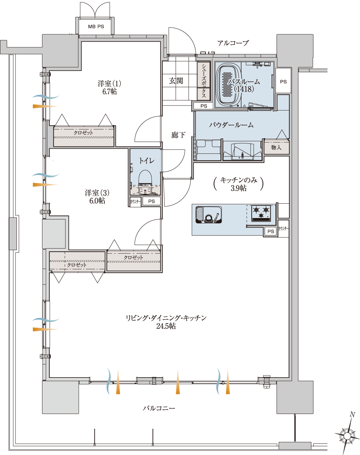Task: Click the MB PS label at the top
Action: click(x=96, y=27)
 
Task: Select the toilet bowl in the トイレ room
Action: click(x=145, y=182)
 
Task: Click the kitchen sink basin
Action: click(x=209, y=215)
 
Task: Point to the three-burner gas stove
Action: click(x=261, y=213)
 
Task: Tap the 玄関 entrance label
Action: click(x=176, y=81)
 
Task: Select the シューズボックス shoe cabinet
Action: click(x=204, y=81)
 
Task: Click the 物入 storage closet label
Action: click(x=276, y=147)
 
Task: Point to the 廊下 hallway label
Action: click(x=178, y=135)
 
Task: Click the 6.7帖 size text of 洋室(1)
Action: click(x=110, y=91)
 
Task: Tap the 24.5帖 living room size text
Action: click(x=166, y=326)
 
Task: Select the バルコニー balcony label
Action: click(x=159, y=408)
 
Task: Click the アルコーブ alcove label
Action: click(x=233, y=43)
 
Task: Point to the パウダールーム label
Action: click(x=231, y=125)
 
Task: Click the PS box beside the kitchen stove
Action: click(x=271, y=231)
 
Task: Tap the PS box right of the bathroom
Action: click(x=283, y=81)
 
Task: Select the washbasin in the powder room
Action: click(x=242, y=151)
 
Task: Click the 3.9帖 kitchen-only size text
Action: click(x=239, y=188)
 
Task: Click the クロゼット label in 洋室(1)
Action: click(x=83, y=133)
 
